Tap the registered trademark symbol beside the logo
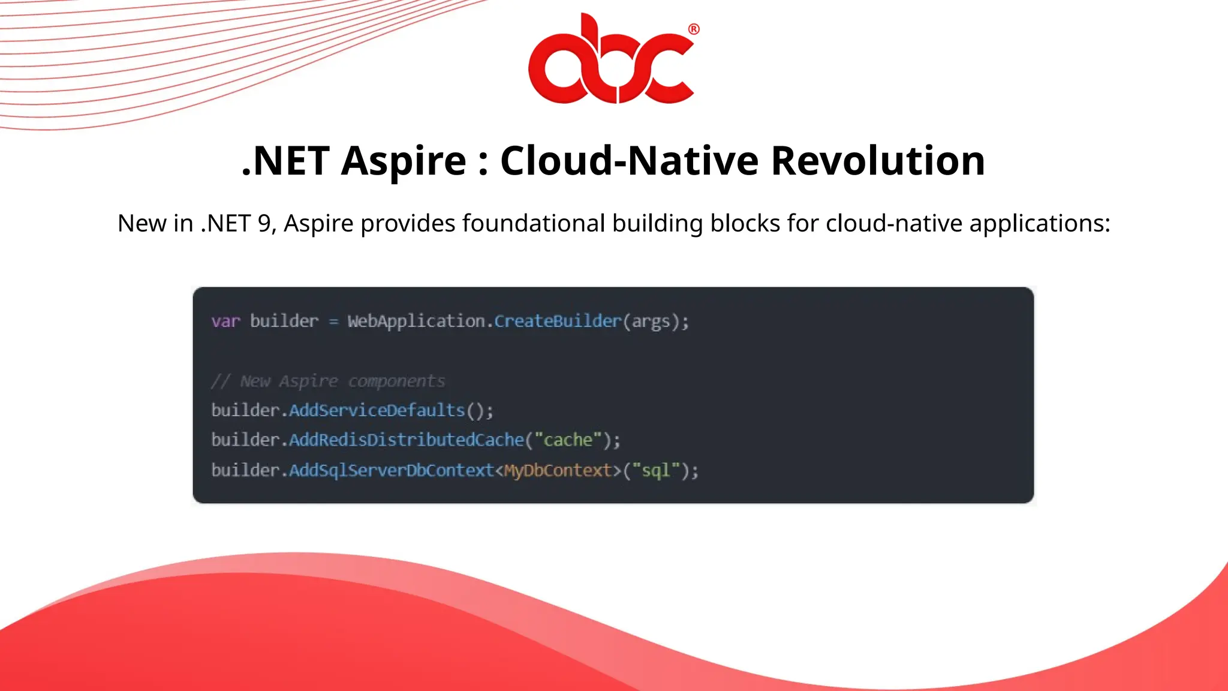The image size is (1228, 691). pyautogui.click(x=694, y=29)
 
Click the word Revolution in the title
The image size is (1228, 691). pyautogui.click(x=877, y=161)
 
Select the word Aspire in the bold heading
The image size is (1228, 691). pyautogui.click(x=403, y=161)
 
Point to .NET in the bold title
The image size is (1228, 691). pyautogui.click(x=285, y=161)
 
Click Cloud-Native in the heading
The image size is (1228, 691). pyautogui.click(x=629, y=161)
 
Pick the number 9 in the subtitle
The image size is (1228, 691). pyautogui.click(x=264, y=223)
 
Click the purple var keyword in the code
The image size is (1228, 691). pyautogui.click(x=225, y=322)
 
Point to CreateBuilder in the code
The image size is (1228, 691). pyautogui.click(x=558, y=322)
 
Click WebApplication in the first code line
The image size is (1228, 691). pyautogui.click(x=416, y=322)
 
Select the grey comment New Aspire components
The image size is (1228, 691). pyautogui.click(x=329, y=381)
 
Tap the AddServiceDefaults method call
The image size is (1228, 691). pyautogui.click(x=377, y=411)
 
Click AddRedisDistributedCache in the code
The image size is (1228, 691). pyautogui.click(x=407, y=440)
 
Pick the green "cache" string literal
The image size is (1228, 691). pyautogui.click(x=567, y=440)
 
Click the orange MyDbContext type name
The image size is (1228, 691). pyautogui.click(x=558, y=470)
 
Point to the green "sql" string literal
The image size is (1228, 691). pyautogui.click(x=655, y=470)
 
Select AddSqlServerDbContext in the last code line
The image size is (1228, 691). pyautogui.click(x=391, y=470)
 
